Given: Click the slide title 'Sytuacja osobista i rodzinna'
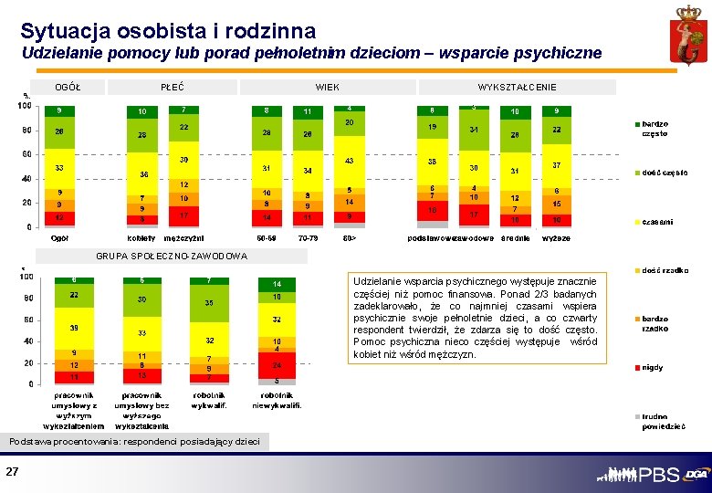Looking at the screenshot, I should pyautogui.click(x=168, y=31).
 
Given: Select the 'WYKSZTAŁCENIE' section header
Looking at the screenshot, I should pyautogui.click(x=517, y=87).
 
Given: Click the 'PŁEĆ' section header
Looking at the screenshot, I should pyautogui.click(x=172, y=87).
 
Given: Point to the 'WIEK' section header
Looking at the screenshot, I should pyautogui.click(x=327, y=87).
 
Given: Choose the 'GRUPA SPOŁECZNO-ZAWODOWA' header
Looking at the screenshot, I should pyautogui.click(x=171, y=256).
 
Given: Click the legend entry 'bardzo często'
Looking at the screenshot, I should pyautogui.click(x=654, y=129).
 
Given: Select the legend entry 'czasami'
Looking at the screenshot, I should pyautogui.click(x=657, y=222).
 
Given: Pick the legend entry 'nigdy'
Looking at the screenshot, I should pyautogui.click(x=653, y=367).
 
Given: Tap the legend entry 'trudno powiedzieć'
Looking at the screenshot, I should pyautogui.click(x=661, y=420).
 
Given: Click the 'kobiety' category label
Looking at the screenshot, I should pyautogui.click(x=142, y=238).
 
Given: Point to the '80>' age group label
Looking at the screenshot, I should pyautogui.click(x=350, y=238).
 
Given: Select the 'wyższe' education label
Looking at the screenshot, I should pyautogui.click(x=556, y=238).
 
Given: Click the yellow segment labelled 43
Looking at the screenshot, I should pyautogui.click(x=350, y=161).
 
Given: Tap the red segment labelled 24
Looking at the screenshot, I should pyautogui.click(x=277, y=364).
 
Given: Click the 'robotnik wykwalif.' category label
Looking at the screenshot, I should pyautogui.click(x=209, y=400).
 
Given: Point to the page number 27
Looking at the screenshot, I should pyautogui.click(x=13, y=471).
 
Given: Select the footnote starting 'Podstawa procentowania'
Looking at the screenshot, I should pyautogui.click(x=134, y=442).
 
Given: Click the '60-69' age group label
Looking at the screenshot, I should pyautogui.click(x=267, y=238).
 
